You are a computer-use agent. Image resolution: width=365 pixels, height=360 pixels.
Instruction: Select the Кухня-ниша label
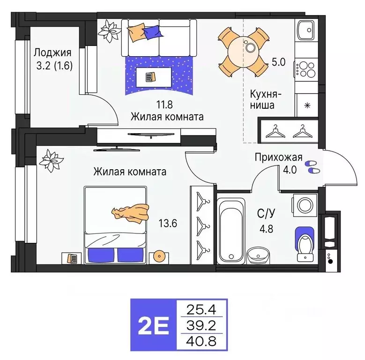pyautogui.click(x=262, y=98)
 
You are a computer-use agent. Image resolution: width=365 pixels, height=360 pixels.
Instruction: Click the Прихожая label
pyautogui.click(x=278, y=157)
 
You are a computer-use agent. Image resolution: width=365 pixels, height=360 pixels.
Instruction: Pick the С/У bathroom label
pyautogui.click(x=266, y=213)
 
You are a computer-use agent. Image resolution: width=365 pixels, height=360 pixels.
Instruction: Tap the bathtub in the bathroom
pyautogui.click(x=231, y=230)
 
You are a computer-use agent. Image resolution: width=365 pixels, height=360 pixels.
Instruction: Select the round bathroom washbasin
pyautogui.click(x=258, y=255)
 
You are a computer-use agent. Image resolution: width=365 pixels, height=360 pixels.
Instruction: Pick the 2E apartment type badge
pyautogui.click(x=152, y=324)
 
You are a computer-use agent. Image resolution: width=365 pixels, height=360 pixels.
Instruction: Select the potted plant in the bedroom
pyautogui.click(x=50, y=160)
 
